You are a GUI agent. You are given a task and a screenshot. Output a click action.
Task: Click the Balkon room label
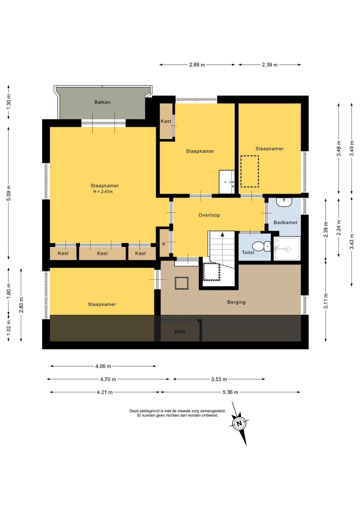[102, 102]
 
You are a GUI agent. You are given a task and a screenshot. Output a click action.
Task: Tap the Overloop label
[209, 215]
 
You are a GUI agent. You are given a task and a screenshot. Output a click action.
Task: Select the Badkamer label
[286, 222]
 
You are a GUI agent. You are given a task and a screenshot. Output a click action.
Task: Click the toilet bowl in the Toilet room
[261, 246]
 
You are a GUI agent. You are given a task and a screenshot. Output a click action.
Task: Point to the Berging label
[236, 302]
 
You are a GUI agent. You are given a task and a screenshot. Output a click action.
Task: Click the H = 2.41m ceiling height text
[103, 191]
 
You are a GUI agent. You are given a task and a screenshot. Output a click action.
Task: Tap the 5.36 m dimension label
[231, 392]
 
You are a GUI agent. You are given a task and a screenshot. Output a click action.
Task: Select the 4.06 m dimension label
[103, 366]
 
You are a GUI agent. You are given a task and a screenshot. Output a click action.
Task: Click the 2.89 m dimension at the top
[197, 65]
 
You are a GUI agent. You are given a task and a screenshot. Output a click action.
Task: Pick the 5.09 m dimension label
[9, 193]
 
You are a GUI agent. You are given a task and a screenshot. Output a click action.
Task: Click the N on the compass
[239, 424]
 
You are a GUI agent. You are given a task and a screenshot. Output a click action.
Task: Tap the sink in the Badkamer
[284, 202]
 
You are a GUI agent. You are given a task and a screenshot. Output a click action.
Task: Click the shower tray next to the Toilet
[287, 248]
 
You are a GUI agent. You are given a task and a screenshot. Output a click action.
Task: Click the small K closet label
[164, 244]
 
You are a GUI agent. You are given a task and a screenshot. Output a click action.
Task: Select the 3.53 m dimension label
[219, 379]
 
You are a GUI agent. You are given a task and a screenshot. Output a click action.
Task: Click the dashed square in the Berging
[181, 283]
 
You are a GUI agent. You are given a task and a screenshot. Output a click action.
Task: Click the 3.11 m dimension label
[326, 301]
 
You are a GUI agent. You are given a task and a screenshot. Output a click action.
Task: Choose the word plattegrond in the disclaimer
[148, 411]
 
